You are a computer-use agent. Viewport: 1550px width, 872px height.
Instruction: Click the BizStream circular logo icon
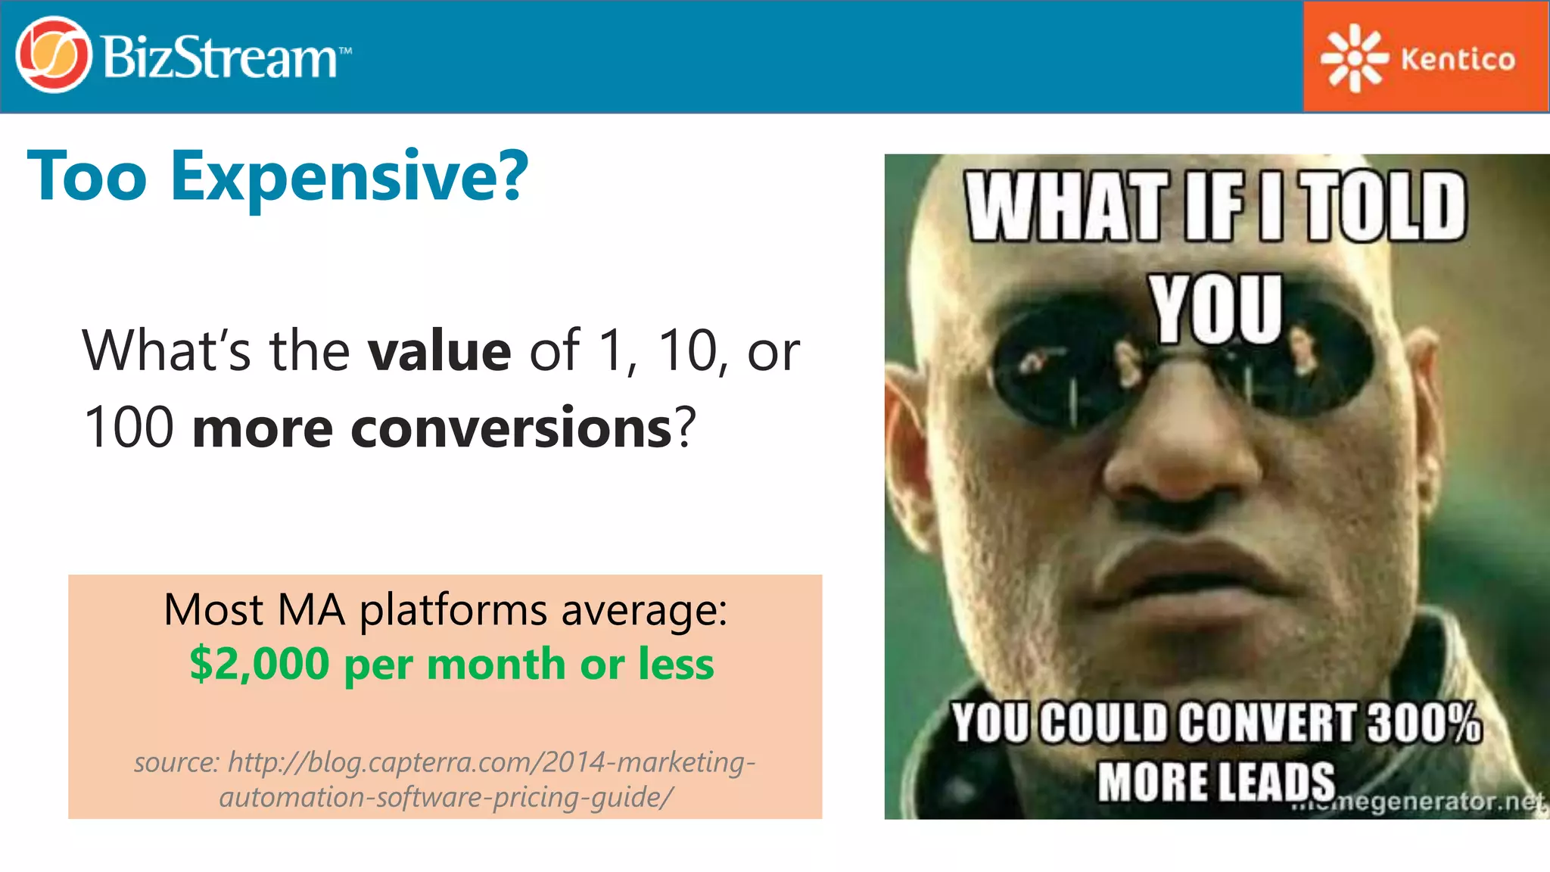pyautogui.click(x=53, y=55)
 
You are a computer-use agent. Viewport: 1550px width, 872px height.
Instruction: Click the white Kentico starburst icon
pyautogui.click(x=1354, y=58)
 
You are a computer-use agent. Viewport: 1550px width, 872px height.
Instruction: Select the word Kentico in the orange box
pyautogui.click(x=1458, y=59)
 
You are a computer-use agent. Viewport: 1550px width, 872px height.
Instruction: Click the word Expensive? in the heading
pyautogui.click(x=349, y=177)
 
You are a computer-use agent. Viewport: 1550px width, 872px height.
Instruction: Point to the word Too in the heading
pyautogui.click(x=87, y=177)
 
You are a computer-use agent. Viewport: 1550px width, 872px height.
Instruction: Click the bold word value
pyautogui.click(x=439, y=352)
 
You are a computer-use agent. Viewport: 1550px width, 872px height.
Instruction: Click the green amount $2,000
pyautogui.click(x=259, y=665)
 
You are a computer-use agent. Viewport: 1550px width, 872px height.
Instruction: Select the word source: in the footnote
pyautogui.click(x=176, y=761)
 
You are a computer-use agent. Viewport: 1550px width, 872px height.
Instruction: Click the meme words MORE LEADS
pyautogui.click(x=1216, y=782)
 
